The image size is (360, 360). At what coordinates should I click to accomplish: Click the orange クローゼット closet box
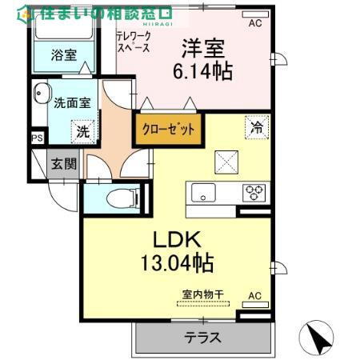point(168,130)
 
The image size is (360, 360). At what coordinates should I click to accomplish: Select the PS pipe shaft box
point(36,138)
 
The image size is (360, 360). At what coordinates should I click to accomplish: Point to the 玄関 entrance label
point(64,165)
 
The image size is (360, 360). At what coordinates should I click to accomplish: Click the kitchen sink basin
point(202,192)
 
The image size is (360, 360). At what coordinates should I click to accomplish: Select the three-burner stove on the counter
point(254,192)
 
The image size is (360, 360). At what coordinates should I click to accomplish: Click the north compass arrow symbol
point(319,336)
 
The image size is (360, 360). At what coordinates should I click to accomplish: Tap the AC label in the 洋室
point(254,23)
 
